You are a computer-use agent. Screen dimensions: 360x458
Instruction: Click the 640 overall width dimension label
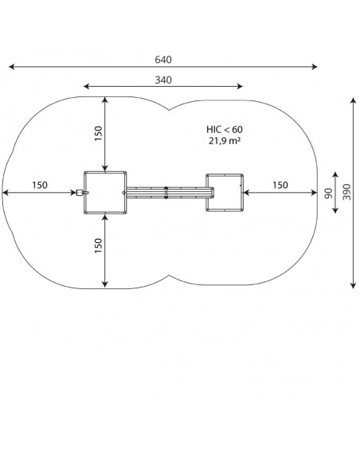[x=163, y=60]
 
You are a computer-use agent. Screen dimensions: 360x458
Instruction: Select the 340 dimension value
[x=163, y=80]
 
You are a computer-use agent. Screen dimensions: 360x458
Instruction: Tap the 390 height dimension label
[x=346, y=192]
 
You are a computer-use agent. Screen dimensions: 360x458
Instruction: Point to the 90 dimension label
[x=329, y=193]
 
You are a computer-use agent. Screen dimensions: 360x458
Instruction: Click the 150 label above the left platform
[x=99, y=134]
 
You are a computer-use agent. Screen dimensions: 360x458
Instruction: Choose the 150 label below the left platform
[x=99, y=245]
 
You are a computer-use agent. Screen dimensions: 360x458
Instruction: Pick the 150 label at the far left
[x=40, y=185]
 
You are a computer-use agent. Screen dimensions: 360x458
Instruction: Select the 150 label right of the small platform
[x=280, y=185]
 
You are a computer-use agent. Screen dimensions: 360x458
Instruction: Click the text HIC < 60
[x=225, y=129]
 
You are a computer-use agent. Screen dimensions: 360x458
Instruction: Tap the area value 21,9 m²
[x=225, y=141]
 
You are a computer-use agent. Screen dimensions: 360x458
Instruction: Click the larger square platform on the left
[x=105, y=193]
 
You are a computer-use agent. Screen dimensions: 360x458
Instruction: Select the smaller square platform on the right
[x=225, y=193]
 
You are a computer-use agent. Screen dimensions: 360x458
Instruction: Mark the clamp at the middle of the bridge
[x=166, y=193]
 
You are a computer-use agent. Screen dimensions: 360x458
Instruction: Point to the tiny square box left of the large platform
[x=80, y=193]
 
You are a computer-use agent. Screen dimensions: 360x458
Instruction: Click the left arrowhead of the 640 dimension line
[x=12, y=67]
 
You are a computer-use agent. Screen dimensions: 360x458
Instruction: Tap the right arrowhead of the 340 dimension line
[x=240, y=86]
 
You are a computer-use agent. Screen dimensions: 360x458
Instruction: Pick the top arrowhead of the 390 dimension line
[x=354, y=101]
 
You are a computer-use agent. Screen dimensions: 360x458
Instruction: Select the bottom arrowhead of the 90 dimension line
[x=335, y=210]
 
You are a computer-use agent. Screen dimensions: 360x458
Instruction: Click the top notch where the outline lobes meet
[x=169, y=110]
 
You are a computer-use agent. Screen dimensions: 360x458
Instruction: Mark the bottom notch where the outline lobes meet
[x=169, y=275]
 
